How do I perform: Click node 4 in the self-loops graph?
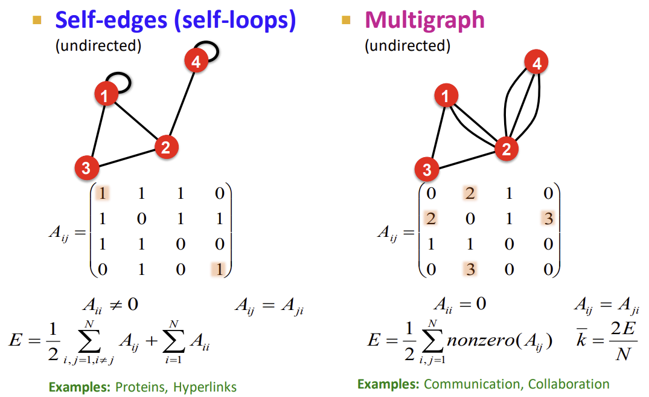(x=195, y=62)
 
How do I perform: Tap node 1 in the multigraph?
(x=446, y=95)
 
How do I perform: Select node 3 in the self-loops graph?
(x=86, y=168)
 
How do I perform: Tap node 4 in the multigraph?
(x=536, y=62)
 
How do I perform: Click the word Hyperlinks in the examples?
(x=205, y=387)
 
